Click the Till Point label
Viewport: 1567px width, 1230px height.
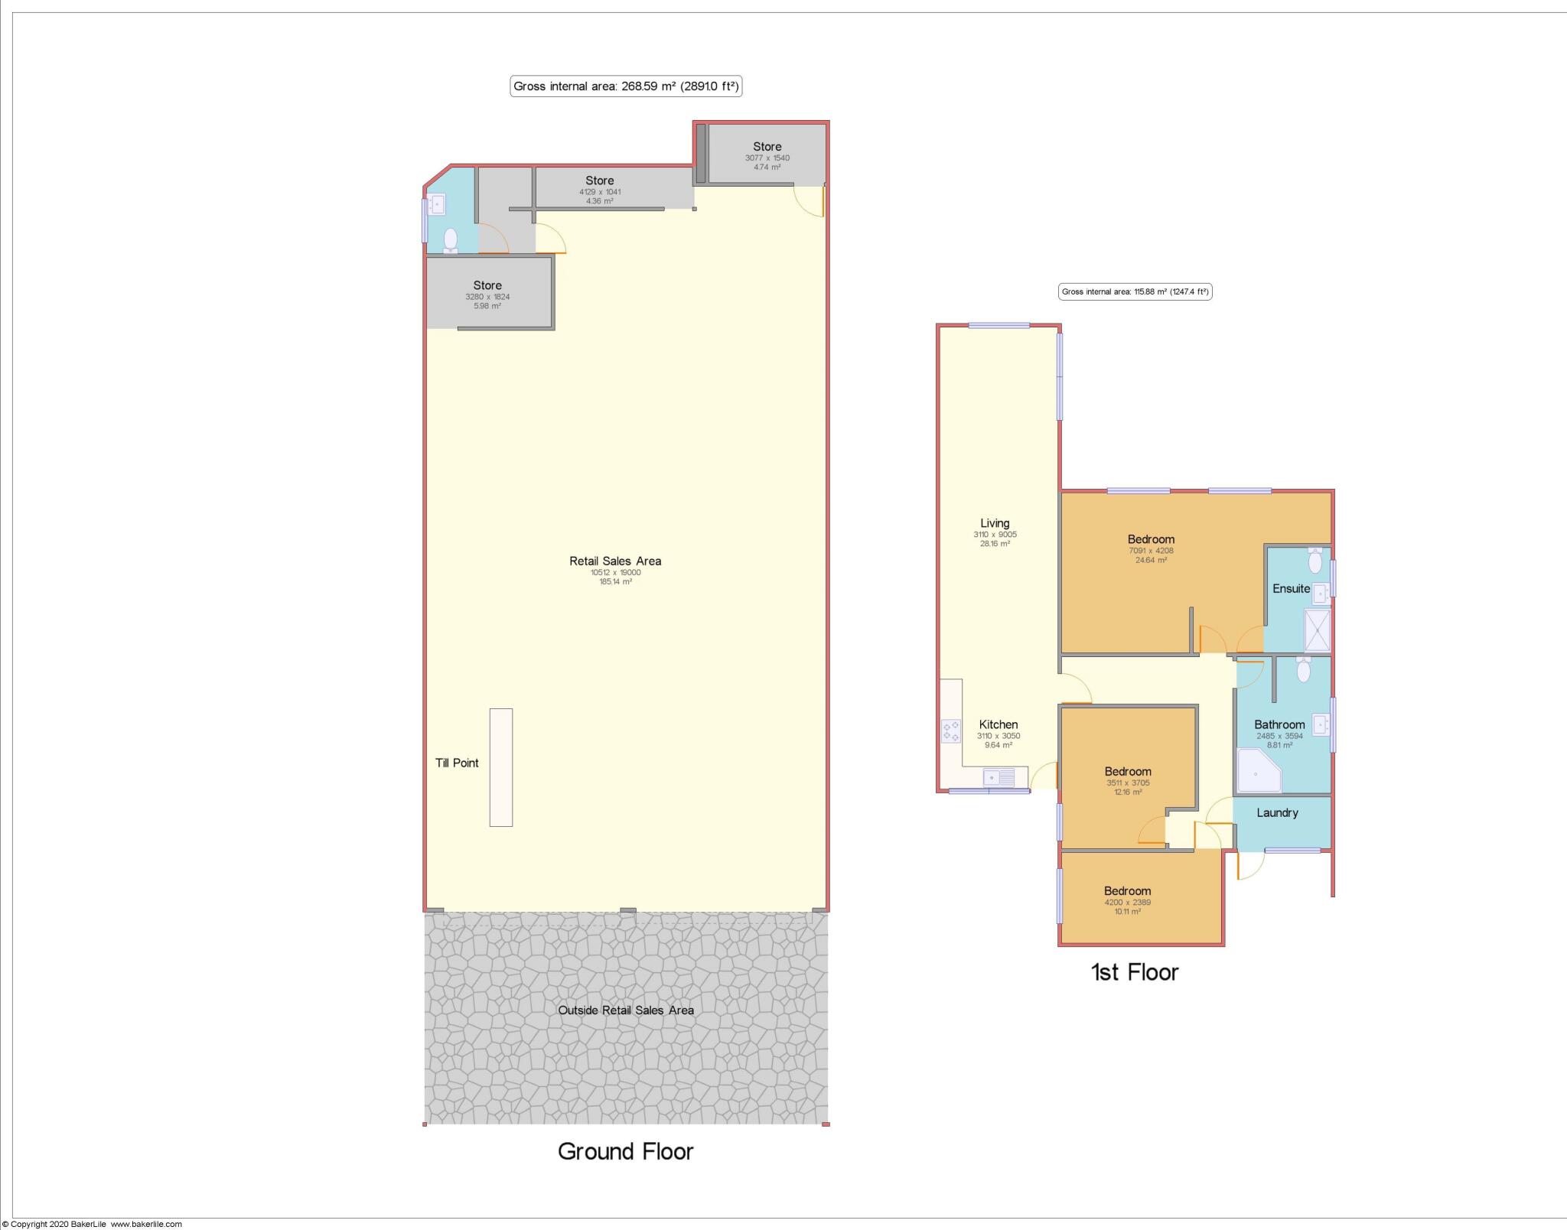coord(457,763)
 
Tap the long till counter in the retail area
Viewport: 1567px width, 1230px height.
coord(501,767)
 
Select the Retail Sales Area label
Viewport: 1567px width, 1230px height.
coord(615,561)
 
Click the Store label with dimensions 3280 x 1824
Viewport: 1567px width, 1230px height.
coord(487,285)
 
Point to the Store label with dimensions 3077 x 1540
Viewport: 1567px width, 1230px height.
coord(767,146)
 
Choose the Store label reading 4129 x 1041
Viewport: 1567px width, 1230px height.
coord(599,181)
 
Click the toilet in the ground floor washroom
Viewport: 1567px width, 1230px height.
coord(451,240)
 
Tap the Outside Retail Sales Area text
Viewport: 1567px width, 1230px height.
coord(626,1010)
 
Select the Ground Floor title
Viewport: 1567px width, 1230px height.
coord(625,1151)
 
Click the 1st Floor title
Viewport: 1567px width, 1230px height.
coord(1134,972)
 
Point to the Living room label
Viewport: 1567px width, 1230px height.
coord(995,523)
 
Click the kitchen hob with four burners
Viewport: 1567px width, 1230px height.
coord(950,731)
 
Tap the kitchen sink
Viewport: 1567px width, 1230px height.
coord(999,778)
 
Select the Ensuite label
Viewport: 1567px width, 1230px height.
coord(1291,588)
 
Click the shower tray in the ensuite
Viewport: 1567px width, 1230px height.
coord(1318,630)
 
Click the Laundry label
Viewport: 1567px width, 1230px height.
coord(1277,812)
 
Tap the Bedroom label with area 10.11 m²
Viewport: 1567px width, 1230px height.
coord(1127,890)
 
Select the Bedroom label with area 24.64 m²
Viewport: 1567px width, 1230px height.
coord(1151,539)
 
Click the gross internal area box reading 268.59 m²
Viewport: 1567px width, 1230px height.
coord(626,86)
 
